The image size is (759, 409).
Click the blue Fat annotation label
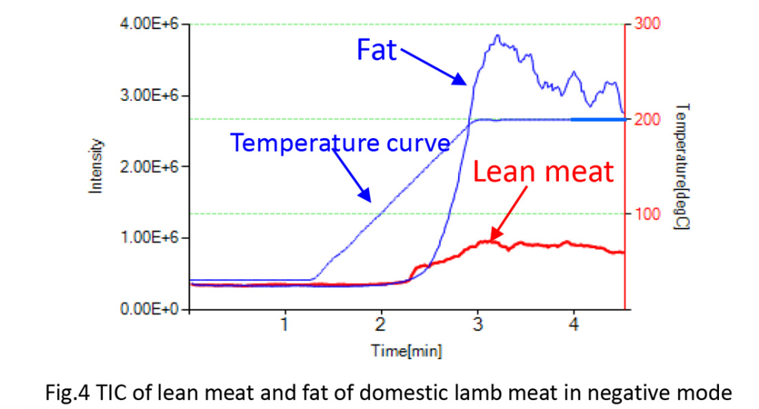click(x=377, y=50)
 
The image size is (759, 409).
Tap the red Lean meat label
click(x=544, y=172)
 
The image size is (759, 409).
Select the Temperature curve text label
click(x=340, y=142)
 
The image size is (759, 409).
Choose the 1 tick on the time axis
click(x=285, y=324)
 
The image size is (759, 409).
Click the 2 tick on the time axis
click(x=381, y=324)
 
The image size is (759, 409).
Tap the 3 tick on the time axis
click(x=477, y=324)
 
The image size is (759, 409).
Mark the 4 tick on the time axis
click(x=573, y=324)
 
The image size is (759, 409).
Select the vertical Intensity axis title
click(x=96, y=167)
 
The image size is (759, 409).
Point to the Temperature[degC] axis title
click(x=682, y=166)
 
